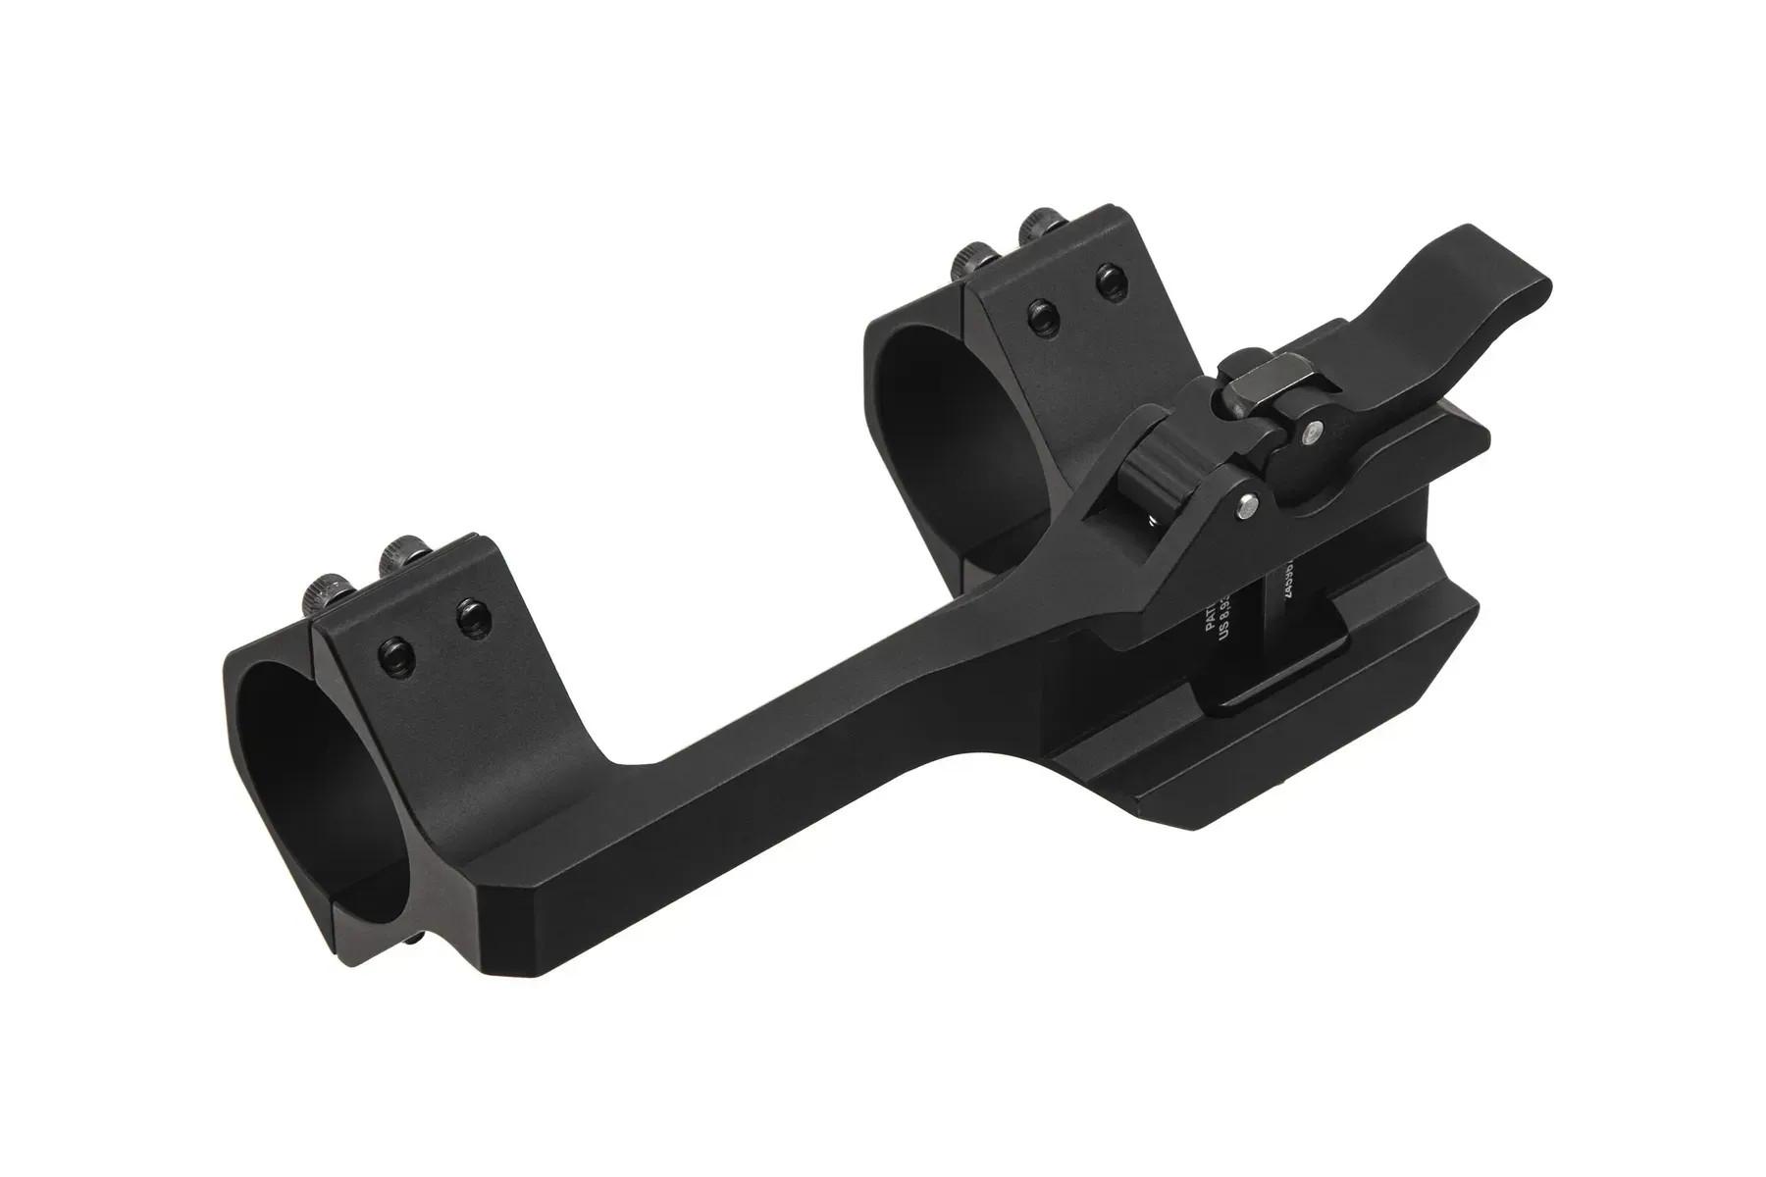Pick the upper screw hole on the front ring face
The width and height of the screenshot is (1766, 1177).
(x=469, y=616)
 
